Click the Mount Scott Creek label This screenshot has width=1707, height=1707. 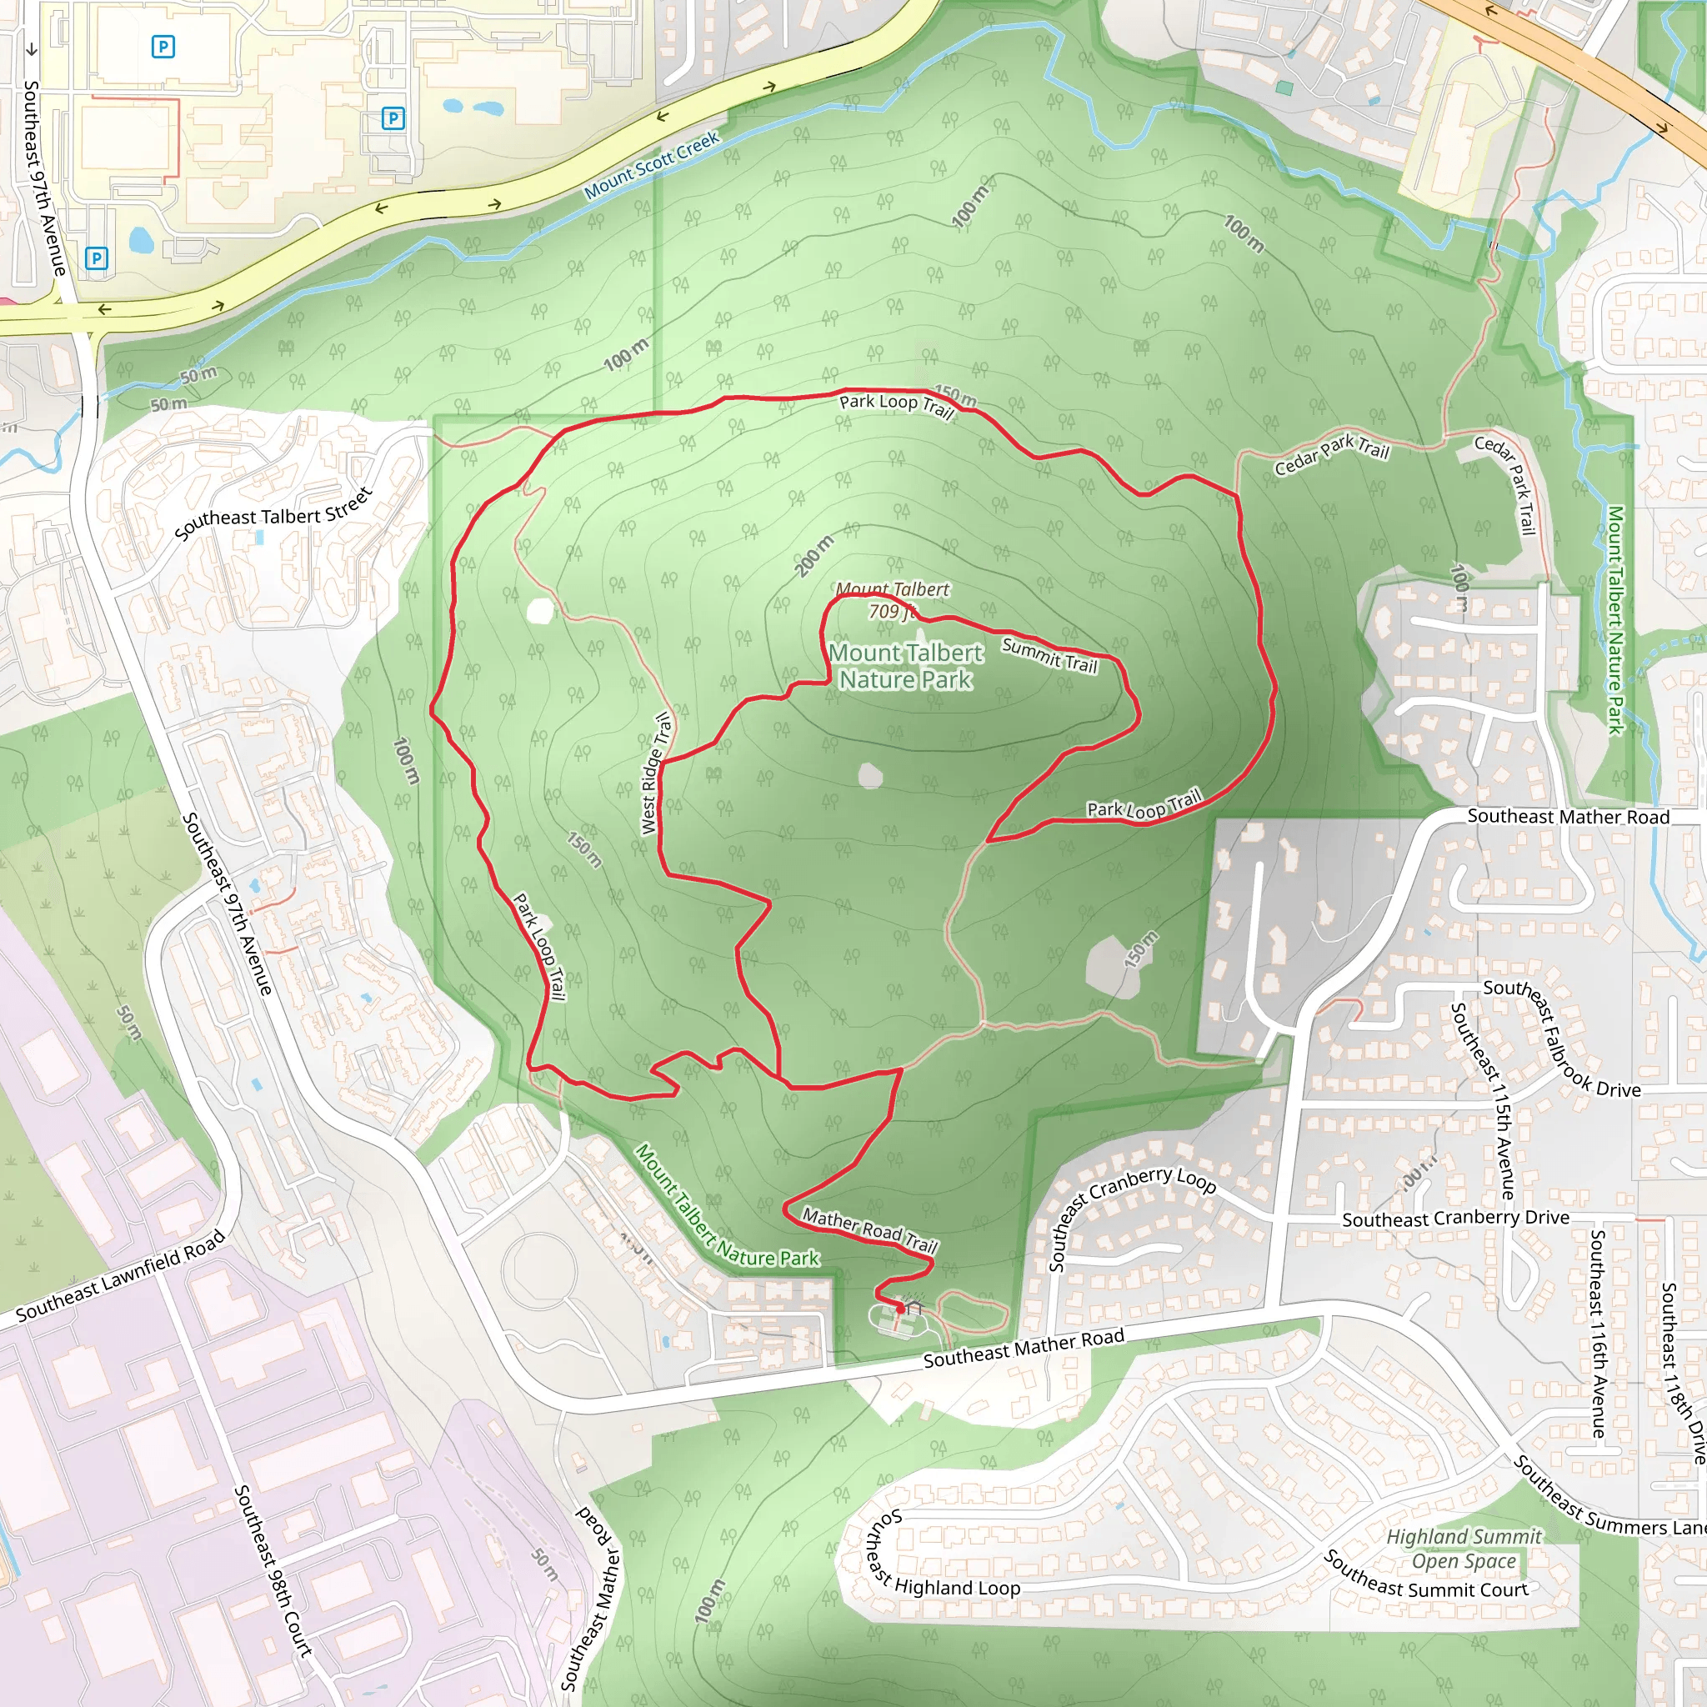tap(652, 164)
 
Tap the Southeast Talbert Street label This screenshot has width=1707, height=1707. tap(273, 513)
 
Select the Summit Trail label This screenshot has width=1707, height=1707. tap(1049, 656)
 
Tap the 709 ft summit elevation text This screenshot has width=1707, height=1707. tap(891, 612)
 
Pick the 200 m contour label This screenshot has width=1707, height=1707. tap(813, 556)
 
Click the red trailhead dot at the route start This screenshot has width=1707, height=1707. tap(899, 1309)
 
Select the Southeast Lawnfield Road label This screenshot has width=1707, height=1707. tap(121, 1276)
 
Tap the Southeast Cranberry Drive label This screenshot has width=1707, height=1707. tap(1455, 1219)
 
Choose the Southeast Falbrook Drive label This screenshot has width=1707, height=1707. tap(1561, 1042)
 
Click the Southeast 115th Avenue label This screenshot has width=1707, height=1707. tap(1484, 1099)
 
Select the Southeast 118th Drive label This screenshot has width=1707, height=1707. tap(1680, 1373)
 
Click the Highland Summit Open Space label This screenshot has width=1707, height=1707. tap(1463, 1549)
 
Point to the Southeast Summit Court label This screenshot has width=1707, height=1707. tap(1425, 1580)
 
